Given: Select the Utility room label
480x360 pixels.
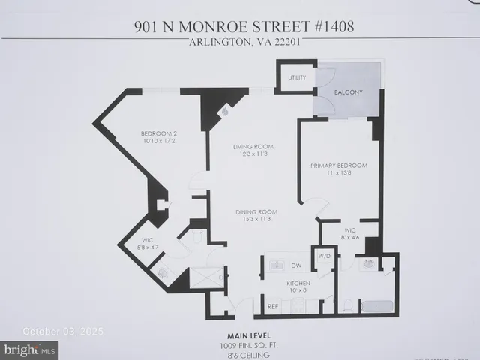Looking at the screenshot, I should (x=294, y=77).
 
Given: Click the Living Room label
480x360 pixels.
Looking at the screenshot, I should (x=253, y=147).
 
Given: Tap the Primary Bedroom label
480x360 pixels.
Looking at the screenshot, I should (x=339, y=166).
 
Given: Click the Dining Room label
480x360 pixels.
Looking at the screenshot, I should (x=253, y=211).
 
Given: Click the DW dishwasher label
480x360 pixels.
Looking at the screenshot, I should (x=295, y=265).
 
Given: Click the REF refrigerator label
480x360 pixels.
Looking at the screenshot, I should (x=273, y=307).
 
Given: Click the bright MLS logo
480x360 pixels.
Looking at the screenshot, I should (x=30, y=349).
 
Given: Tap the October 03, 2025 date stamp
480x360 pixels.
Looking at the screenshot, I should (x=63, y=331).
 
